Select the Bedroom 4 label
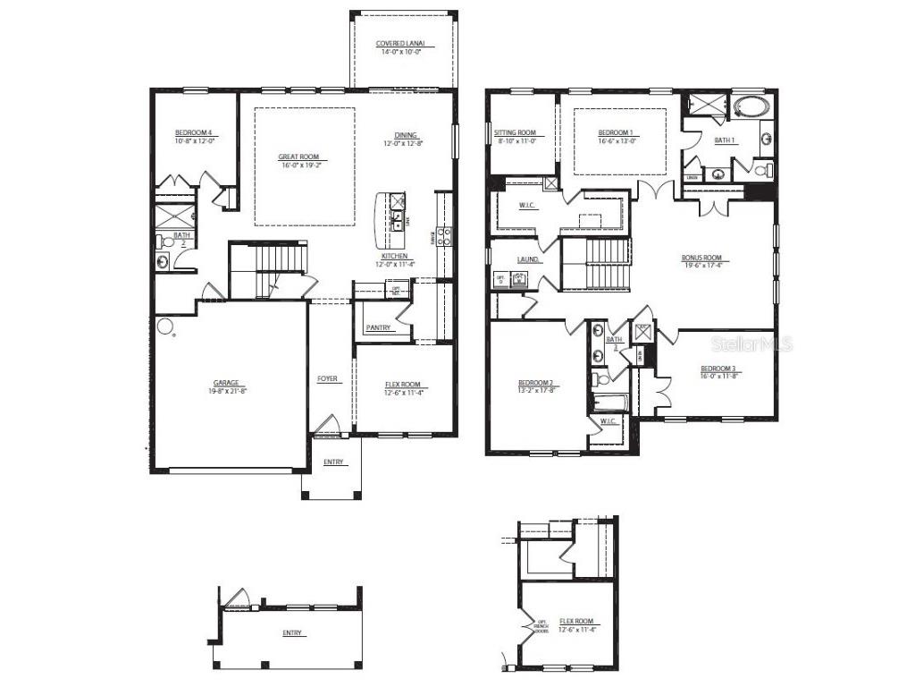coord(193,132)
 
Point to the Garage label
coord(225,383)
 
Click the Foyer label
coord(328,379)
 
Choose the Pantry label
coord(378,327)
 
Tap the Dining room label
coord(406,135)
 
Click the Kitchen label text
coord(393,256)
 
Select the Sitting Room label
coord(515,132)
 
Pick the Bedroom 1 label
coord(617,132)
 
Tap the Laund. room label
coord(527,260)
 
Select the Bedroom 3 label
coord(718,369)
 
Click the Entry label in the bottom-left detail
coord(292,632)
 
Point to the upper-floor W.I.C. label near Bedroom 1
coord(527,207)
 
